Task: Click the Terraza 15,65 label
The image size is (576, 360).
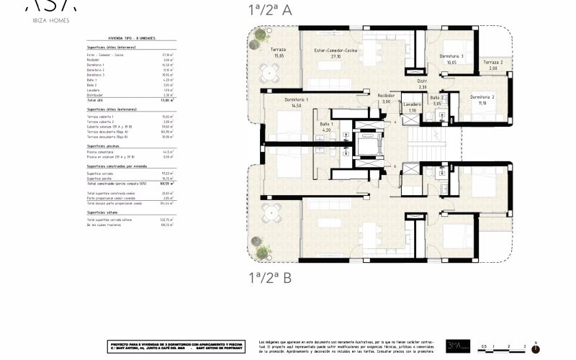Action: click(278, 53)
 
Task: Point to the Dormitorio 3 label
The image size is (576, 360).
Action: click(451, 59)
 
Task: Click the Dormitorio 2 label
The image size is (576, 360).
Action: click(482, 99)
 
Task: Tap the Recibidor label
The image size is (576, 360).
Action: click(386, 98)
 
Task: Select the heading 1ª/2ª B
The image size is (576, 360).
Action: click(270, 276)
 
